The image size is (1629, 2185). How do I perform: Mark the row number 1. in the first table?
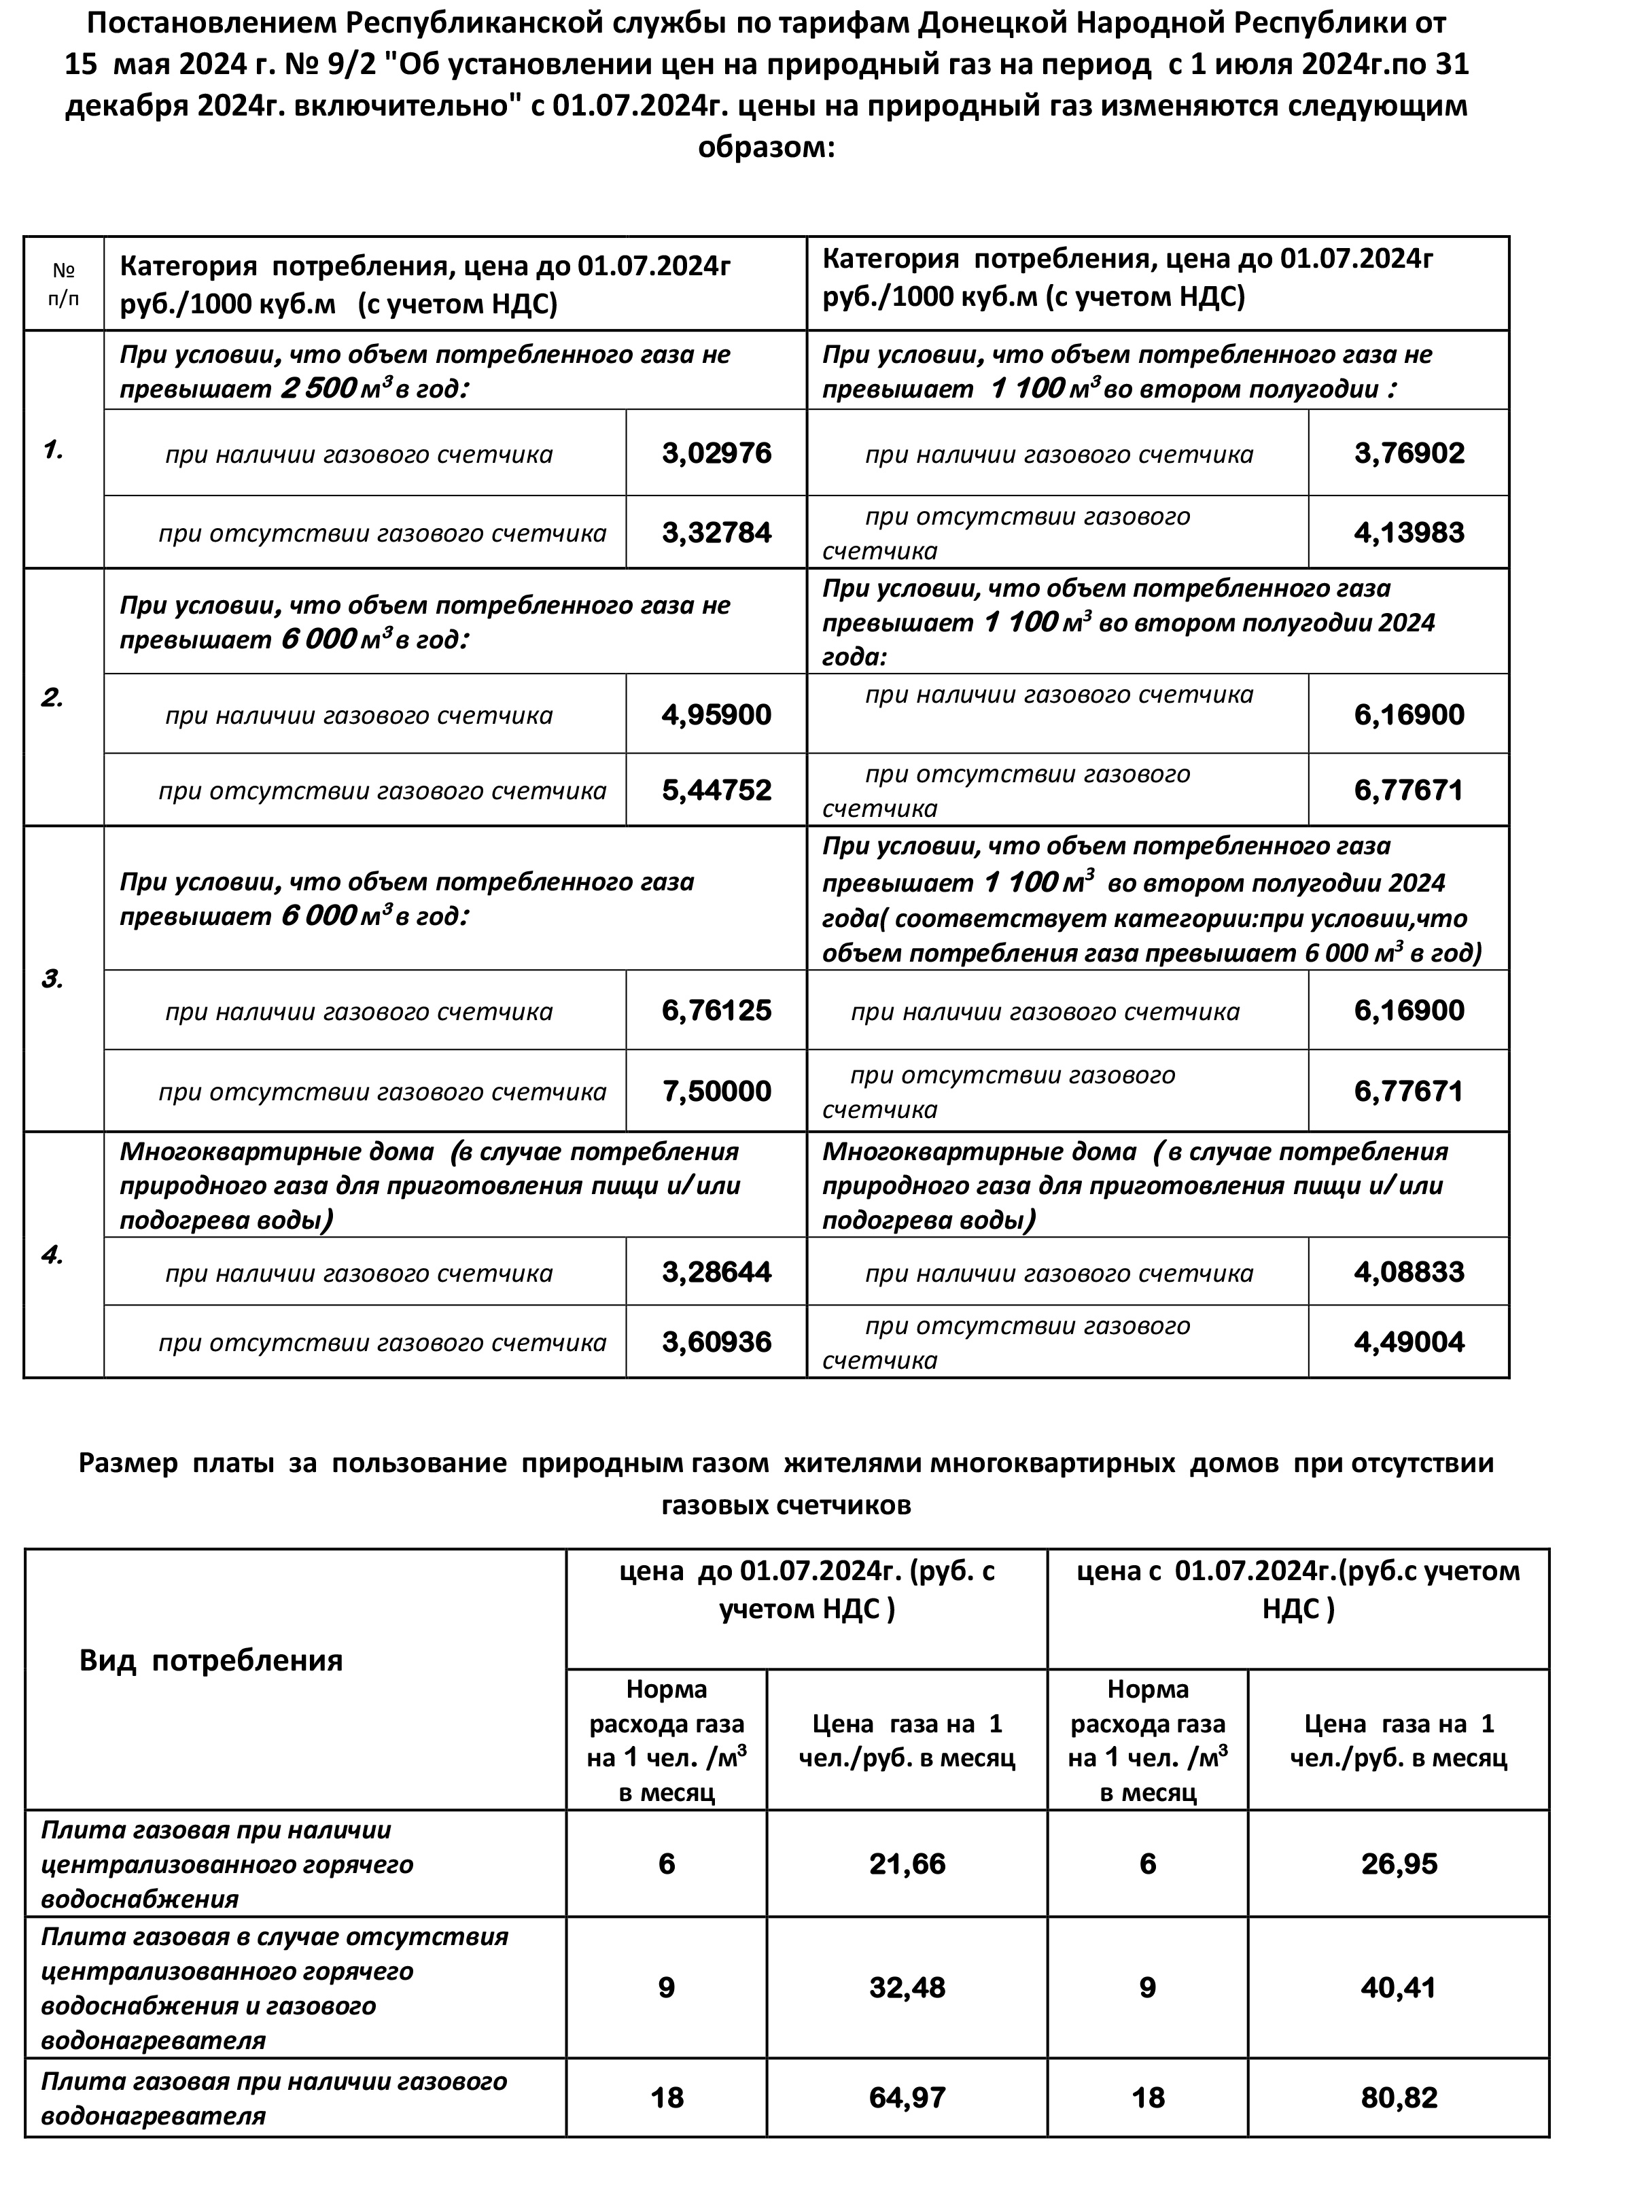click(53, 451)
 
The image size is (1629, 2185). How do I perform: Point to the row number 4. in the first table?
click(52, 1255)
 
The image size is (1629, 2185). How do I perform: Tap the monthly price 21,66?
click(907, 1864)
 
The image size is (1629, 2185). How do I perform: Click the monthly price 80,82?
click(1398, 2097)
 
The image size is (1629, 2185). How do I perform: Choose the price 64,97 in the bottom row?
click(907, 2097)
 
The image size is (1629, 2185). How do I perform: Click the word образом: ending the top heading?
click(766, 148)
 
